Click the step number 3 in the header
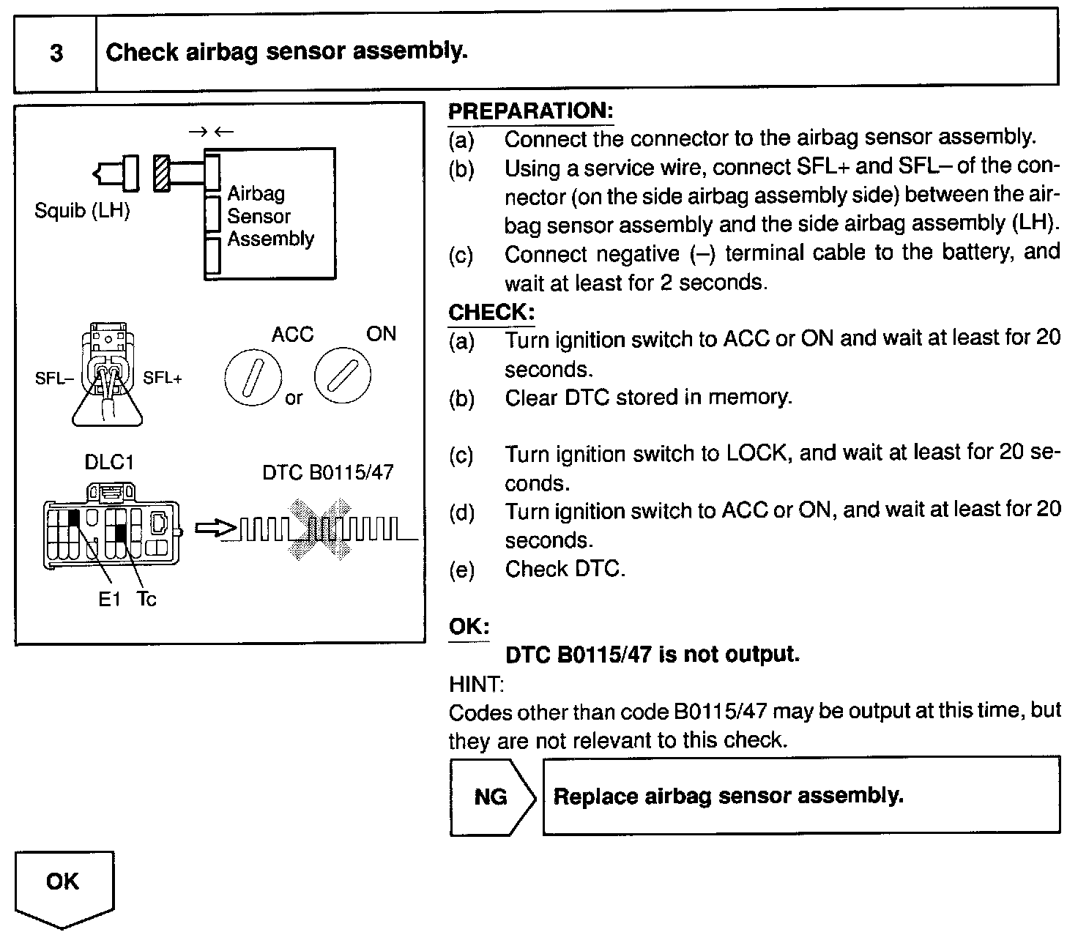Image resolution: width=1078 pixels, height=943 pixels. point(56,53)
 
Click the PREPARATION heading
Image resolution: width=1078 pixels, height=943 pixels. point(530,111)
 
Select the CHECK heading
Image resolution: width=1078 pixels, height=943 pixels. point(491,312)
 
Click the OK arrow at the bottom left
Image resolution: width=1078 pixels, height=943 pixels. point(63,884)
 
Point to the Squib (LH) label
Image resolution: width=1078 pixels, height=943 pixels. point(82,211)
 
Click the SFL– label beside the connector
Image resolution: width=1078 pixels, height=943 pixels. point(54,379)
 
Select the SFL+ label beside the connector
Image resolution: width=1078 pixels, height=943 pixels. point(163,378)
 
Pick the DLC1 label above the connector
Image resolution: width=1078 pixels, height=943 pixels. point(109,463)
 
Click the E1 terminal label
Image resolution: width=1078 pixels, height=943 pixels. point(109,600)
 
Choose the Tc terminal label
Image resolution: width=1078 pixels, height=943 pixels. point(146,600)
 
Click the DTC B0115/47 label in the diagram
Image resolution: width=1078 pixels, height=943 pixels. point(327,472)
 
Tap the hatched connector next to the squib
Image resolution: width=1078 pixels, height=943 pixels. point(163,174)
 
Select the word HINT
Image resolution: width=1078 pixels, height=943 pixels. point(475,685)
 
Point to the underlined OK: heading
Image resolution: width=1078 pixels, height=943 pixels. point(469,627)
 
